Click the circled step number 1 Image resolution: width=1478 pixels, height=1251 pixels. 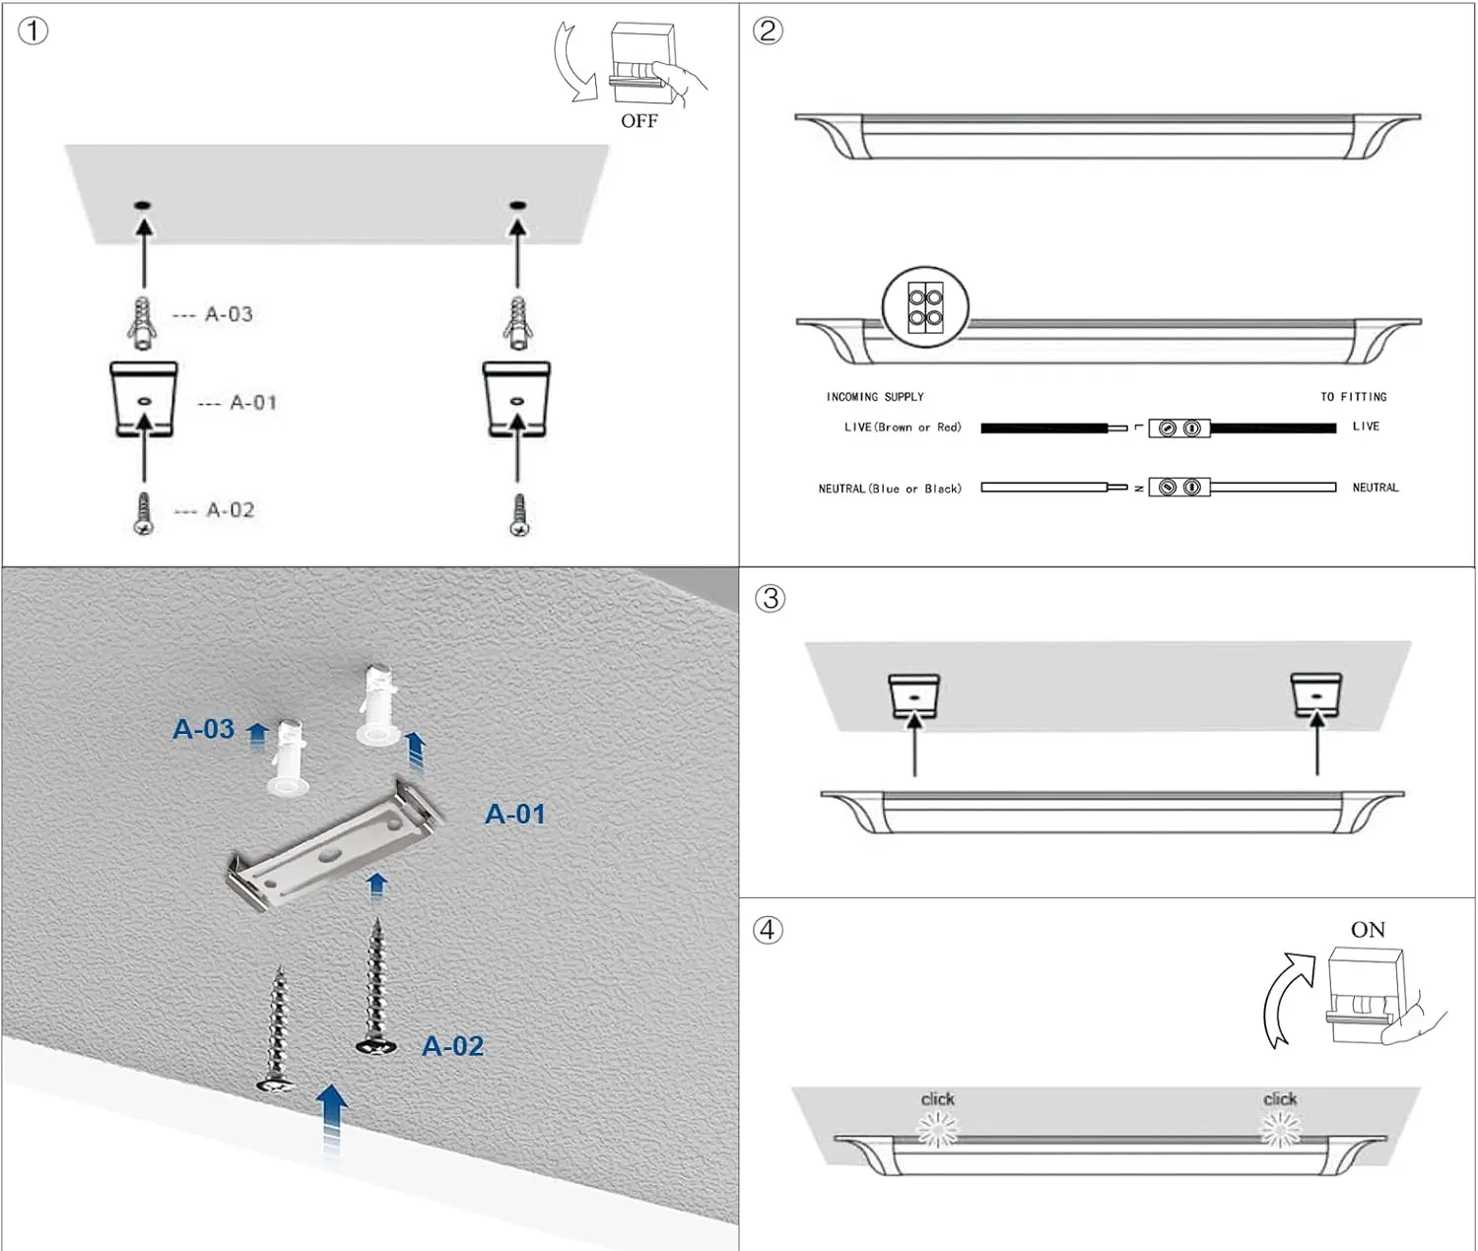click(33, 31)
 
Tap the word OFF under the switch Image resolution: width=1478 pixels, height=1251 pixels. click(638, 121)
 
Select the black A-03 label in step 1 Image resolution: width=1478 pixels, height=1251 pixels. click(229, 314)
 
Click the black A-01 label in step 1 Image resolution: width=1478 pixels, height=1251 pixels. click(253, 403)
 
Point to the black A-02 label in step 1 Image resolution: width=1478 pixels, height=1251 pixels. click(231, 510)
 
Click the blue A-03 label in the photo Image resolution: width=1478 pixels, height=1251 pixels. click(204, 729)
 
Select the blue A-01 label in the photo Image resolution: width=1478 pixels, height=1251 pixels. click(514, 814)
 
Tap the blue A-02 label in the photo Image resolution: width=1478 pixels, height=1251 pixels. click(452, 1046)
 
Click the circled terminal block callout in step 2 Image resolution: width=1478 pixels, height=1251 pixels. click(925, 307)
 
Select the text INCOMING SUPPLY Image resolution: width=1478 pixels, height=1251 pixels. click(875, 397)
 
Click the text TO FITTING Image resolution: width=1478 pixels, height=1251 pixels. click(1353, 397)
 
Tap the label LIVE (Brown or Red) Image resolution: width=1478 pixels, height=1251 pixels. click(903, 428)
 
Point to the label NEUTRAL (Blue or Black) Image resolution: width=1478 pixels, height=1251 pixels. click(890, 489)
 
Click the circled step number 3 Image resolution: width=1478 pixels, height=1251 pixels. click(770, 598)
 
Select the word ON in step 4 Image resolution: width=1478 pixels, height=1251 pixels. click(1368, 930)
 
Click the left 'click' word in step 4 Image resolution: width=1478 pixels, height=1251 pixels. click(937, 1098)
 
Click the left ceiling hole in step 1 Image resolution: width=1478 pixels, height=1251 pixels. click(143, 205)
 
